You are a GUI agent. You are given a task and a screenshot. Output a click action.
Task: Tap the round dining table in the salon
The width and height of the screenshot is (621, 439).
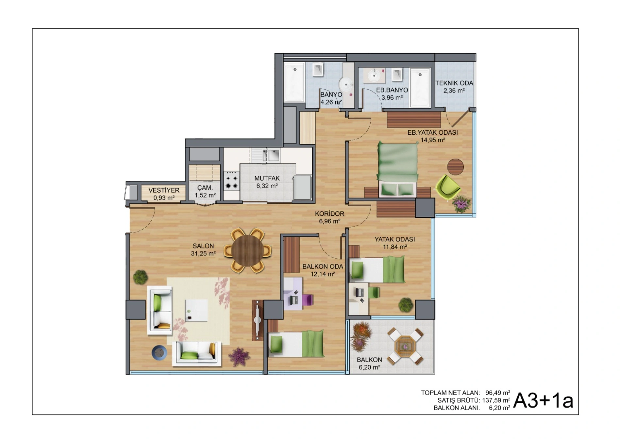pos(247,251)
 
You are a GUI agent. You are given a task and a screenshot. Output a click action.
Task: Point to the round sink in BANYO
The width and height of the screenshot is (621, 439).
pos(345,85)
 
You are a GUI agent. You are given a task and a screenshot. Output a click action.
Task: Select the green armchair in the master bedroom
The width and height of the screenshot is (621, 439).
pos(448,187)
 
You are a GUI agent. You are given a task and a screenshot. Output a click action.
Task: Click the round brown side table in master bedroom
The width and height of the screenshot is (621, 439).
pos(455,167)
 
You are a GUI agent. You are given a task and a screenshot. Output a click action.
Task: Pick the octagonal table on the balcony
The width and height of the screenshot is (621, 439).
pos(405,346)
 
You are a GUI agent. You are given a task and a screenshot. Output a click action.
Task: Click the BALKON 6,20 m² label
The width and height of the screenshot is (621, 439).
pos(369,363)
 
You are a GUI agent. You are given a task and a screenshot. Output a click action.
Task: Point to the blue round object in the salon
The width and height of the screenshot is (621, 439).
pos(159,352)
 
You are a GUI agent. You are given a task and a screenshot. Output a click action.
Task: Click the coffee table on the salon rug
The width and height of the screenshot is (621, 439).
pos(196,310)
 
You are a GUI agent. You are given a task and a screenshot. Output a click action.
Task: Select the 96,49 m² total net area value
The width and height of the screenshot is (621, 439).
pos(498,393)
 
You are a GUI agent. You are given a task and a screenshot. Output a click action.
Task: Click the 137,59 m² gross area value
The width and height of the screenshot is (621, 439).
pos(496,400)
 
